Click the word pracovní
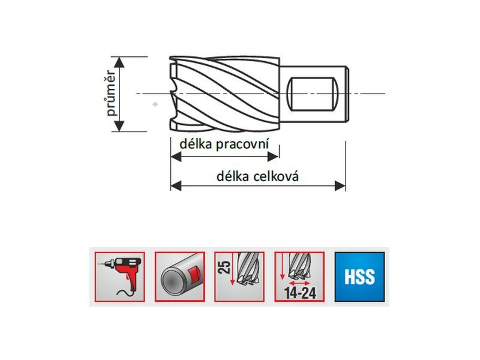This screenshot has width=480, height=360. point(241,145)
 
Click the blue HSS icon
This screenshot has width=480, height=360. point(360,277)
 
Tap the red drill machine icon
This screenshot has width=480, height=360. point(119,277)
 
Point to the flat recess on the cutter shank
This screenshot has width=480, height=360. point(311,94)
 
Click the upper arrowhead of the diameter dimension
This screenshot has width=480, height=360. point(120,61)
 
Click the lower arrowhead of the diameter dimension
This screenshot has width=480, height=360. point(120,127)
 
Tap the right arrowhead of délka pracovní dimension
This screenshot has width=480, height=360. point(273,157)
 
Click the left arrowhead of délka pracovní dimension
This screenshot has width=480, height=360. point(176,157)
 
